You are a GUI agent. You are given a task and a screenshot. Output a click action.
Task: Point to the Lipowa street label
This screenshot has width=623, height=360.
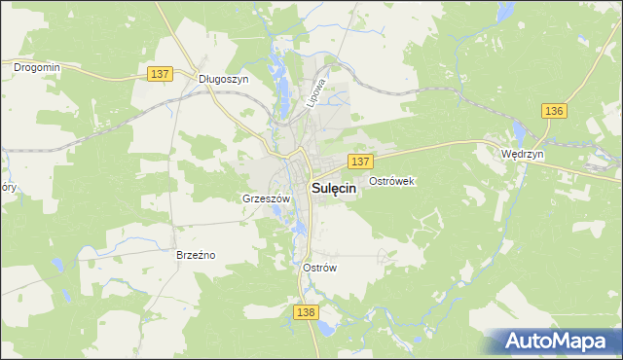pos(315,92)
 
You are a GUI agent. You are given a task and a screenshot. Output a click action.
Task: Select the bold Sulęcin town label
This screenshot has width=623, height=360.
pos(333,190)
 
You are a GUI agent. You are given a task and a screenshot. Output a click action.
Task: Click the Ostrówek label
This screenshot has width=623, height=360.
pos(392,181)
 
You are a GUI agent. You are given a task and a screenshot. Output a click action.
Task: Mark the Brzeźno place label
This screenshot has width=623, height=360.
pos(195,255)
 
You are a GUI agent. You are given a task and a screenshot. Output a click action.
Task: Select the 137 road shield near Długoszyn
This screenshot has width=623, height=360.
pos(161,74)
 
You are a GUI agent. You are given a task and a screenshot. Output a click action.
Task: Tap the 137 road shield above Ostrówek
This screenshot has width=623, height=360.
pos(360,161)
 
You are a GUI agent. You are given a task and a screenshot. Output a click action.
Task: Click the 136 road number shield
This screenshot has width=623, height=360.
pos(554,111)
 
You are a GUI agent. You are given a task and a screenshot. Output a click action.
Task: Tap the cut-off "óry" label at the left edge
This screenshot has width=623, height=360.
pos(7,187)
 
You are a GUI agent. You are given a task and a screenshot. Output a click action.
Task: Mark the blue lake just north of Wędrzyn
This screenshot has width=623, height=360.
pos(520,131)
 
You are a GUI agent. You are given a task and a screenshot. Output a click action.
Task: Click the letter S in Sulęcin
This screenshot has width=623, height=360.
pos(314,190)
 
